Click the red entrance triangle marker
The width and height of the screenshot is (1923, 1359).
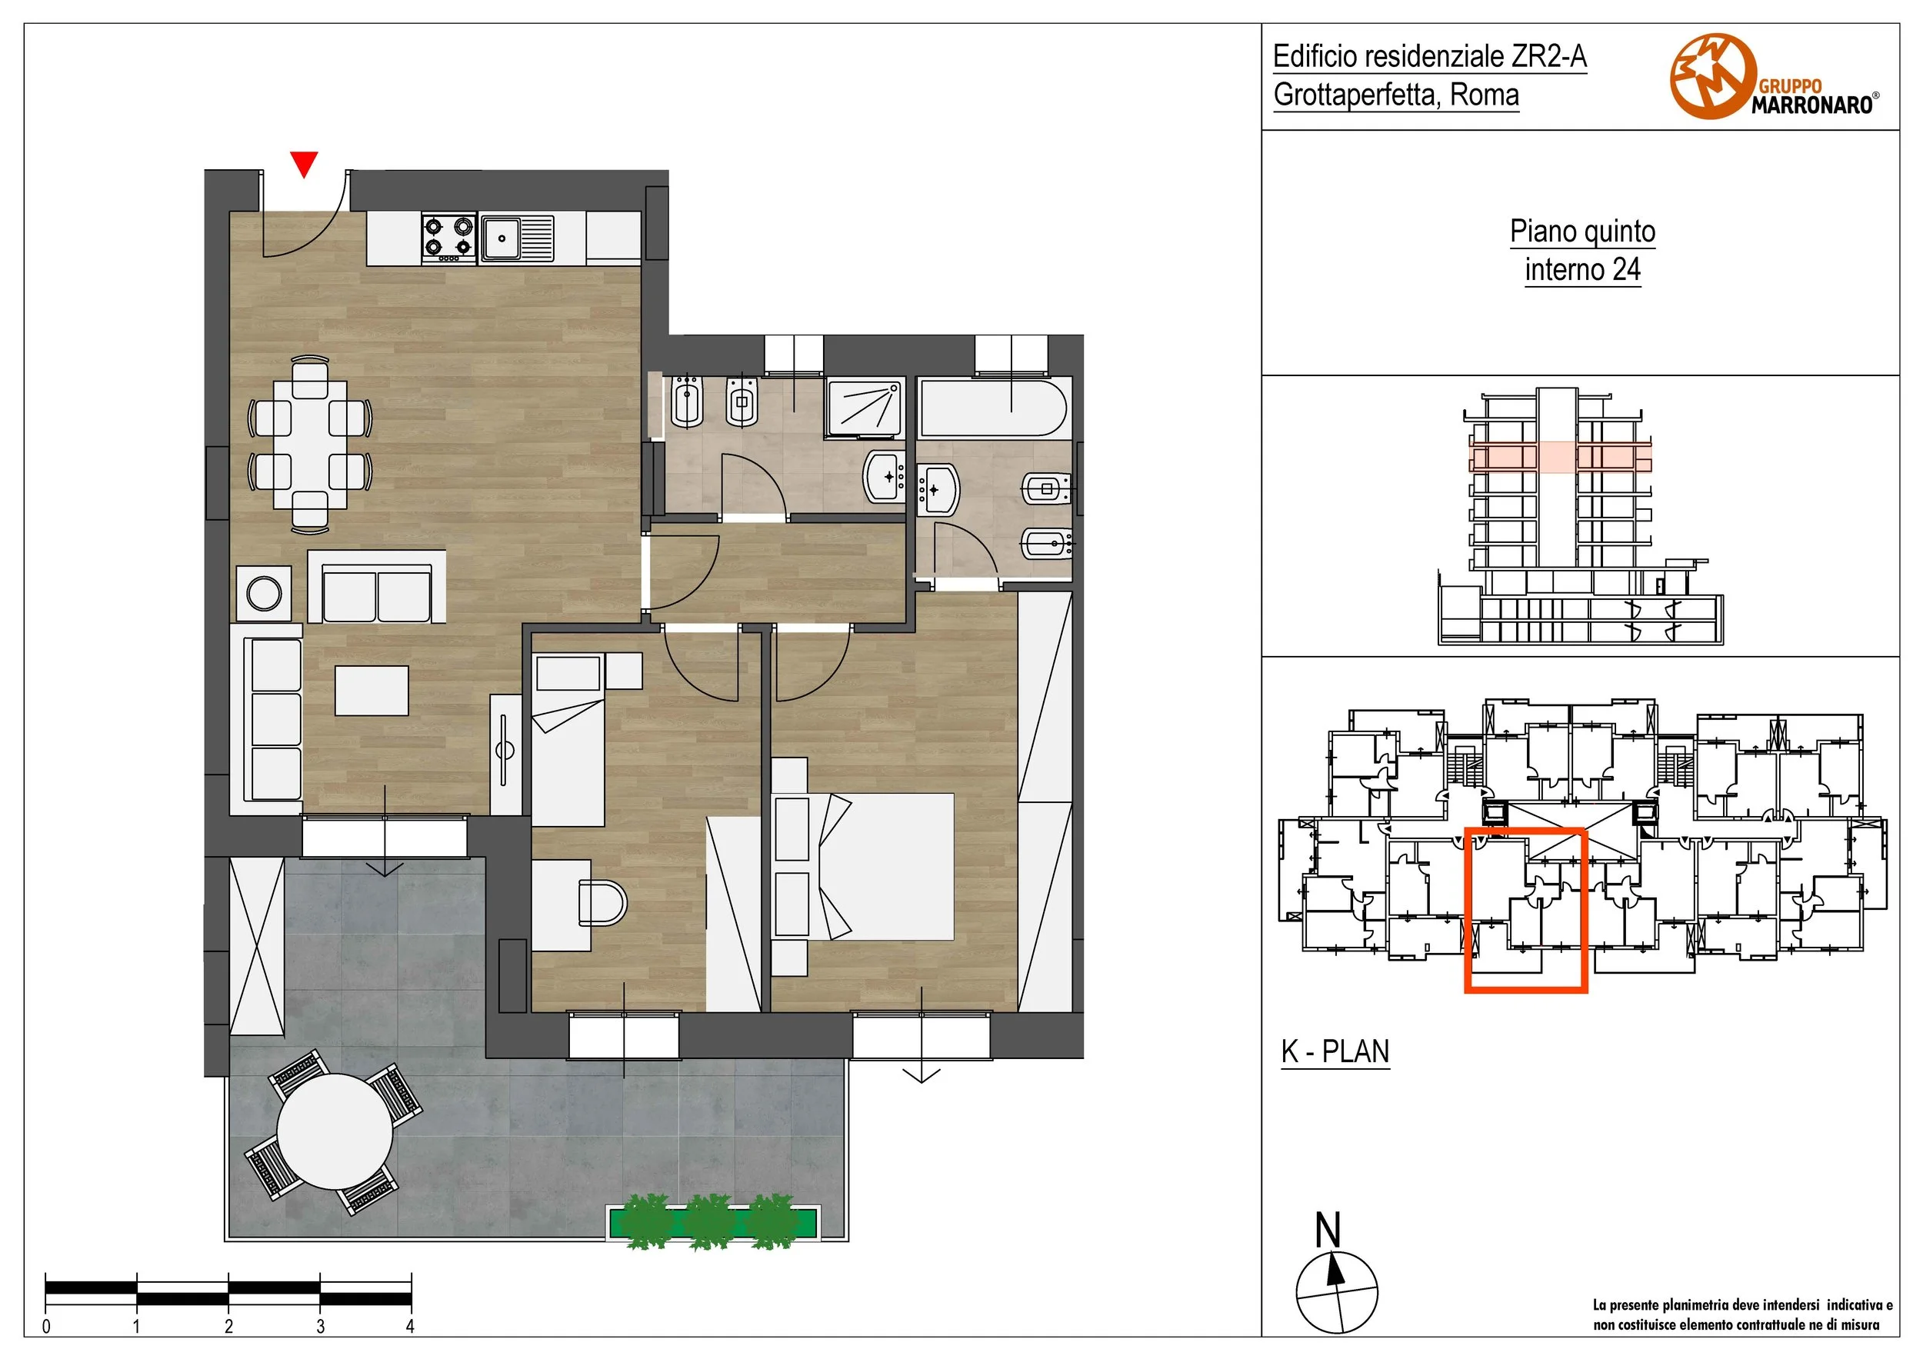coord(304,163)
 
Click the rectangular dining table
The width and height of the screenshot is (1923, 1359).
coord(310,444)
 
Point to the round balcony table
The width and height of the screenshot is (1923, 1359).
coord(335,1131)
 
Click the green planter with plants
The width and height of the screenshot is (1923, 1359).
coord(713,1221)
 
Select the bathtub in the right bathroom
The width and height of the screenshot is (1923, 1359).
coord(993,407)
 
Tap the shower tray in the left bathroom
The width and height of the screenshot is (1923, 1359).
coord(865,408)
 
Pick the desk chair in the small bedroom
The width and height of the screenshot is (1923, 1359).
coord(602,903)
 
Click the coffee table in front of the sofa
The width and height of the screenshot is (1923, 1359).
coord(372,690)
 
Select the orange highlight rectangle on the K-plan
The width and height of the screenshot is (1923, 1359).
coord(1525,910)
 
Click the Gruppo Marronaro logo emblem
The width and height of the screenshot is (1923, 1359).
coord(1713,76)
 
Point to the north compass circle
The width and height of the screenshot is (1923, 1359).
coord(1336,1292)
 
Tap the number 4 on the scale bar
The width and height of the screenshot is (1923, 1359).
coord(411,1325)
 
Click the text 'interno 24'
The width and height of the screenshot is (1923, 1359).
coord(1582,270)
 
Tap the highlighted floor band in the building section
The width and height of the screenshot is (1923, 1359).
coord(1561,457)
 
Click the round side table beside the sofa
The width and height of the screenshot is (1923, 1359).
coord(265,595)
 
